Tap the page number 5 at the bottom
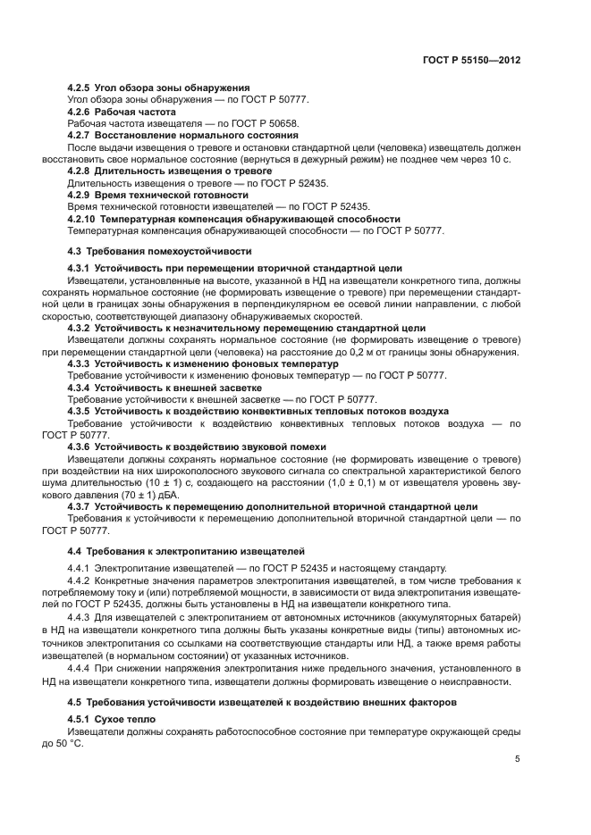pyautogui.click(x=518, y=759)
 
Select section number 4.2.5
pyautogui.click(x=81, y=88)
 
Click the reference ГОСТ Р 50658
pyautogui.click(x=266, y=123)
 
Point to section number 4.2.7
pyautogui.click(x=81, y=135)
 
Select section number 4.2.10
pyautogui.click(x=84, y=219)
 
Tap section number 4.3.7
pyautogui.click(x=81, y=505)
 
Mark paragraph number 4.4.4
pyautogui.click(x=81, y=669)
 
